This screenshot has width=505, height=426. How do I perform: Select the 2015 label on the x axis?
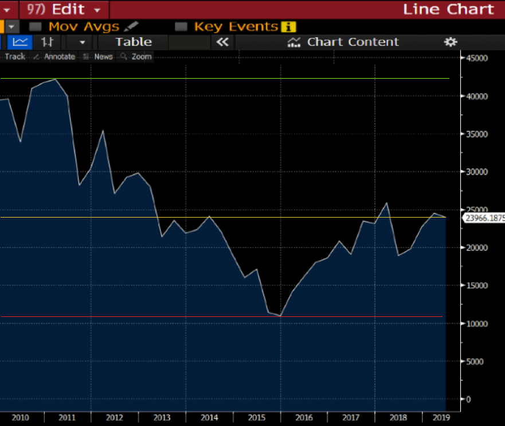tap(257, 417)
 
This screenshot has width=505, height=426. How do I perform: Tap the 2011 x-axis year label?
tap(68, 417)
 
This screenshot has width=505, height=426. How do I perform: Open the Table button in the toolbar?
tap(133, 42)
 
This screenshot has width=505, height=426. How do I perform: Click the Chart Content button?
tap(343, 42)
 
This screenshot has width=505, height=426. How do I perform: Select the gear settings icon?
tap(451, 42)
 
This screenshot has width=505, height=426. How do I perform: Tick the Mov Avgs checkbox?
tap(36, 26)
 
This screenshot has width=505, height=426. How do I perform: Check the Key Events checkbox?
tap(181, 26)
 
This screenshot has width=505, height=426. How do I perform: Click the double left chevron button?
tap(222, 42)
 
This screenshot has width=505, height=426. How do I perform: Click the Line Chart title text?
tap(448, 9)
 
